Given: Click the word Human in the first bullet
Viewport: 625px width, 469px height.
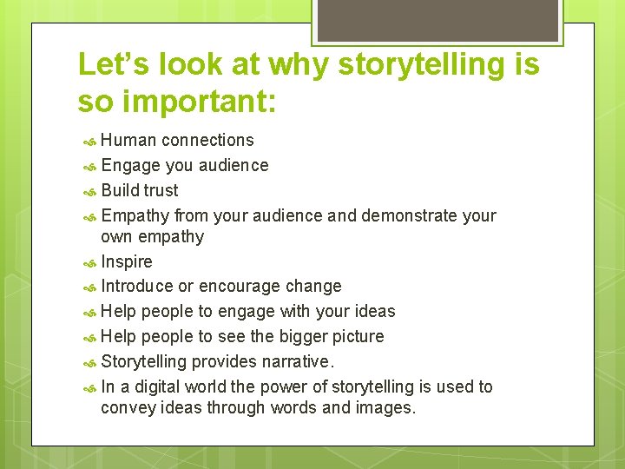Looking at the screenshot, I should coord(128,140).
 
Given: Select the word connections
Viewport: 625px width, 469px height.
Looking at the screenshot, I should coord(207,140).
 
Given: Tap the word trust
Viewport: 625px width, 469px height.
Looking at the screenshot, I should coord(161,190).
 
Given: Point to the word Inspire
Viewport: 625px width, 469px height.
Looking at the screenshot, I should coord(127,261).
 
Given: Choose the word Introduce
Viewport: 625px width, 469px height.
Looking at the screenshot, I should coord(137,286).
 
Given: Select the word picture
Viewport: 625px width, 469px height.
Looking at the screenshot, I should coord(357,336).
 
